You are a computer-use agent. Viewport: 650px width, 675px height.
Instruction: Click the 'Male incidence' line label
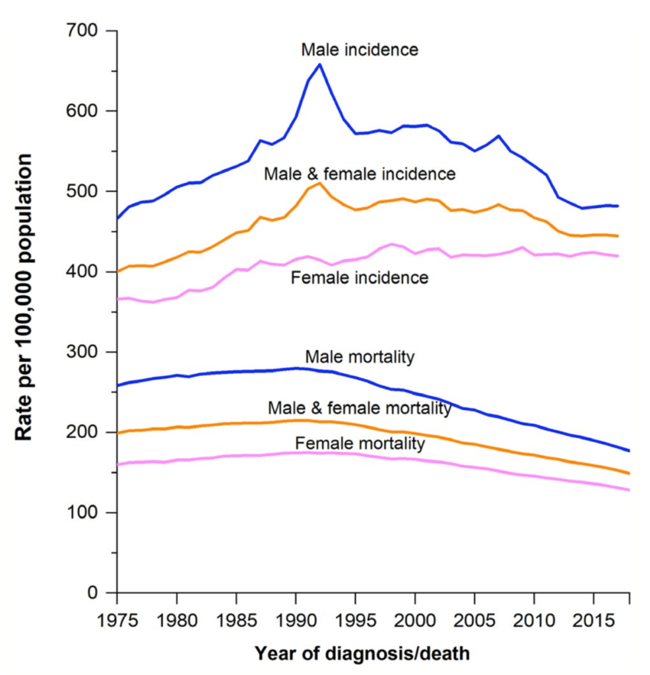(x=360, y=50)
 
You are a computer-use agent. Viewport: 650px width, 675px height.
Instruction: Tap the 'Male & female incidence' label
(x=360, y=174)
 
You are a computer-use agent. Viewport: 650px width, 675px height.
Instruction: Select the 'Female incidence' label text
(x=360, y=277)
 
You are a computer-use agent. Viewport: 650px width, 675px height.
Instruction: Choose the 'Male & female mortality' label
(x=360, y=408)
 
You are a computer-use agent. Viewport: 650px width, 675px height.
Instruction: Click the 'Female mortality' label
(x=360, y=443)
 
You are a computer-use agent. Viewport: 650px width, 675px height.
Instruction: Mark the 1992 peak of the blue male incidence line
(x=319, y=64)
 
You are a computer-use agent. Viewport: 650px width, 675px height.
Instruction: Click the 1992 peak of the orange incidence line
(x=319, y=182)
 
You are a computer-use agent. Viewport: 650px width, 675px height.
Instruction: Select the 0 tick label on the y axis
(x=95, y=592)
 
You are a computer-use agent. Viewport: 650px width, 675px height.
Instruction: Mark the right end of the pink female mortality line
(x=629, y=490)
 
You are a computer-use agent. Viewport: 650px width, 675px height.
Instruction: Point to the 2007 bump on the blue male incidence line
(x=498, y=136)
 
